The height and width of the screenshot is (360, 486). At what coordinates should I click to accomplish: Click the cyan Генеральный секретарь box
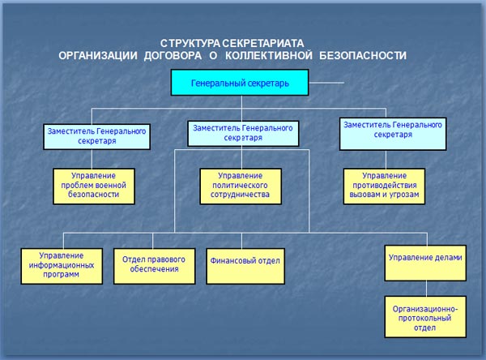(240, 82)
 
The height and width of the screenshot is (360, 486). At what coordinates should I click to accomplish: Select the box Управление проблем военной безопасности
(94, 186)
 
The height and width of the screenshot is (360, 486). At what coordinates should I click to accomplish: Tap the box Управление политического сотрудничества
(241, 186)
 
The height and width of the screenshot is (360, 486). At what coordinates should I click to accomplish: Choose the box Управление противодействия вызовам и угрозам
(384, 186)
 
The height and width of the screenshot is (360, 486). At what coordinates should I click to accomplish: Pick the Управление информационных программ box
(62, 266)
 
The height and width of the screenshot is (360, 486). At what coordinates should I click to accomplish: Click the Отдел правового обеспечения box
(155, 266)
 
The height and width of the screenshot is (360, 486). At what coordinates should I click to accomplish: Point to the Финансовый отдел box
(245, 266)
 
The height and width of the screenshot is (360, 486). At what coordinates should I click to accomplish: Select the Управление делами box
(425, 264)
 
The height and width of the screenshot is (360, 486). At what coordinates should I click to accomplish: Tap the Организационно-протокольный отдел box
(425, 317)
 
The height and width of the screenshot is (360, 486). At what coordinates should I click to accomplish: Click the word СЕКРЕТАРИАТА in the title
(262, 43)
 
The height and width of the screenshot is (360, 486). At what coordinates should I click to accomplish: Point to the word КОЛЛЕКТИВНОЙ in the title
(269, 56)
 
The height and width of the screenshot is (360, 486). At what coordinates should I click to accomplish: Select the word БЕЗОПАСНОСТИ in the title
(363, 56)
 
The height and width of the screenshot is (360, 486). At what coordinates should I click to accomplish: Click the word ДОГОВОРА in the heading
(173, 56)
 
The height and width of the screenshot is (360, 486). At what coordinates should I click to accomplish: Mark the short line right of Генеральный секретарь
(326, 83)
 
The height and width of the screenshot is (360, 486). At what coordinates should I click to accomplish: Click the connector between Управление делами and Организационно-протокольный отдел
(426, 289)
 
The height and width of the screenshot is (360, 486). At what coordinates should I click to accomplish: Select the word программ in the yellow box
(61, 275)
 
